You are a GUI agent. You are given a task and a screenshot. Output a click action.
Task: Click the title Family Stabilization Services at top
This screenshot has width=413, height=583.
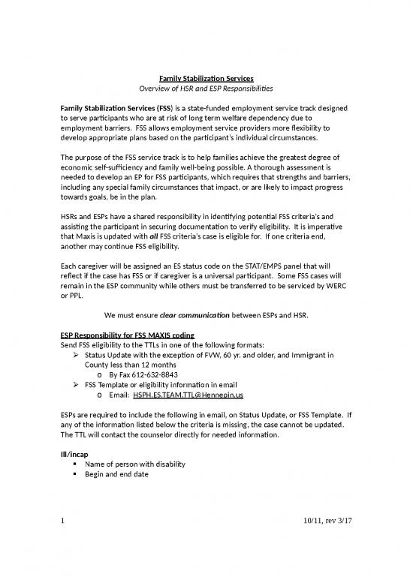tap(206, 79)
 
